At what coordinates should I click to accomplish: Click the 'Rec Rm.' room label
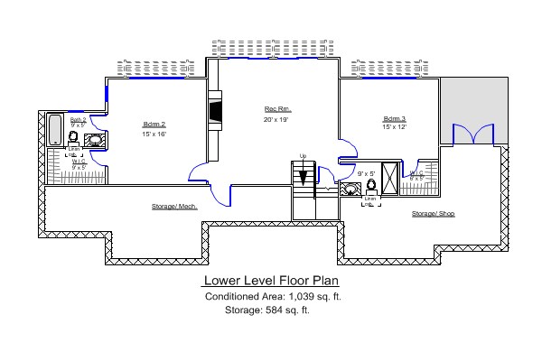275,107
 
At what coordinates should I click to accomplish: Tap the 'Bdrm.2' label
154,124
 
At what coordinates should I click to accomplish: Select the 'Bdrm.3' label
395,118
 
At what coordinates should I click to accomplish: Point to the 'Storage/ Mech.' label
174,207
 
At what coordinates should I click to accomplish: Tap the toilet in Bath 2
73,138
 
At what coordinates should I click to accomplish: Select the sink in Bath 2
94,140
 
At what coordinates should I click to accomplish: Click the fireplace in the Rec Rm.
215,110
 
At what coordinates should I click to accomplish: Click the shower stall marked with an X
390,178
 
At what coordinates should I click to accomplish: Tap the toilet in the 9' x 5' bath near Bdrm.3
371,187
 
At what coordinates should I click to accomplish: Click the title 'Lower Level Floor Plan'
270,280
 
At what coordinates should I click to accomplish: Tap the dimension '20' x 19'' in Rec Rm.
276,119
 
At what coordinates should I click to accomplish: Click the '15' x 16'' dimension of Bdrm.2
154,134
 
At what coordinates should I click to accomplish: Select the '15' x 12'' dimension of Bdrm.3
395,128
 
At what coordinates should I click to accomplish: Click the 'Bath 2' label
78,120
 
